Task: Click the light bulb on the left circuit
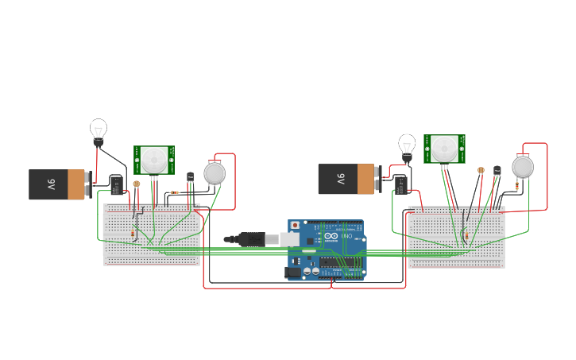(x=98, y=130)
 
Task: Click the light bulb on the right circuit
(x=407, y=145)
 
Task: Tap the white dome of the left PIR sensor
(x=155, y=159)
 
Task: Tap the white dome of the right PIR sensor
(x=444, y=148)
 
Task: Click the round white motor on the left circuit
(x=215, y=172)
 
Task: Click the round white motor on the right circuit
(x=523, y=166)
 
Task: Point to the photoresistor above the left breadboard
(x=137, y=184)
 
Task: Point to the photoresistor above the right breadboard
(x=481, y=170)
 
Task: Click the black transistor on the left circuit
(x=190, y=177)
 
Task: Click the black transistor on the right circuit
(x=497, y=170)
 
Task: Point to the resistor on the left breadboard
(x=133, y=233)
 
